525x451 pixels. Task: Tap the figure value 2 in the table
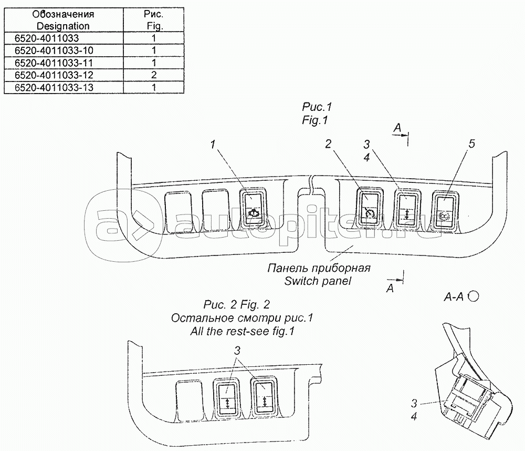pyautogui.click(x=154, y=75)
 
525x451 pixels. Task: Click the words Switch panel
pyautogui.click(x=318, y=281)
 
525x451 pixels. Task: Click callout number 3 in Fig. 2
pyautogui.click(x=237, y=351)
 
